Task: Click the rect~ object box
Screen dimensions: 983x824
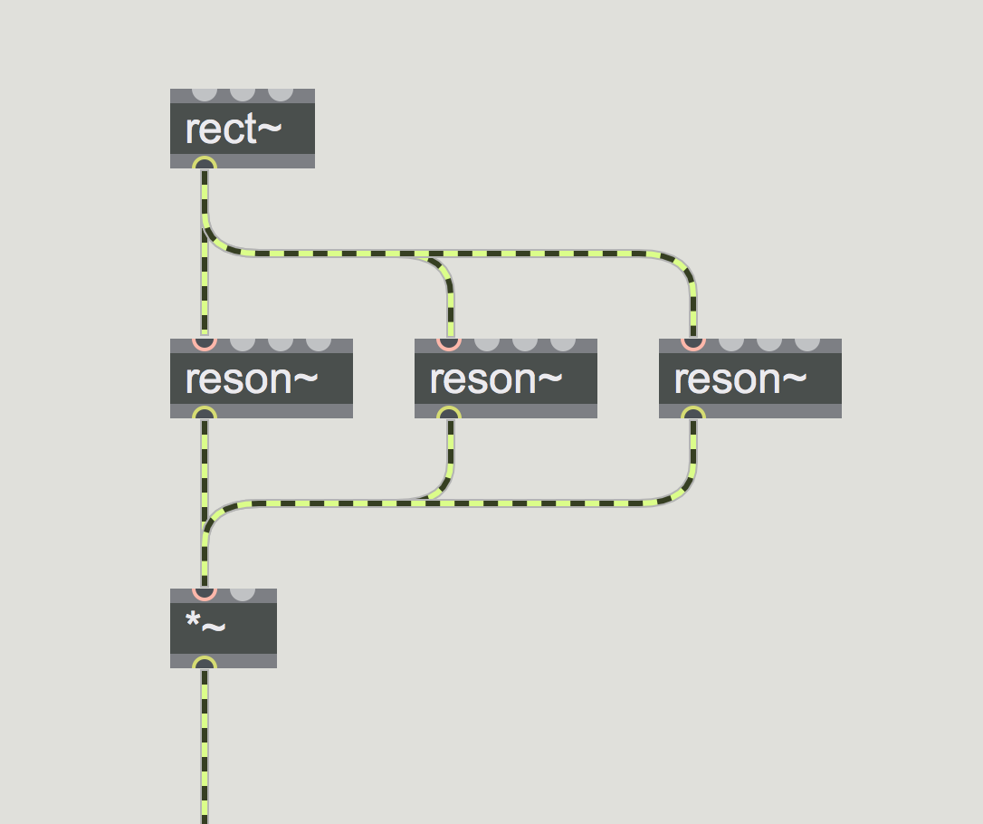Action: pos(242,129)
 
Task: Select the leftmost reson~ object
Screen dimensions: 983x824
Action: pos(262,378)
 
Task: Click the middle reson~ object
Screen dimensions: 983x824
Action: pos(506,378)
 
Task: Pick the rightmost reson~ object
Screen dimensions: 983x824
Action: pos(750,378)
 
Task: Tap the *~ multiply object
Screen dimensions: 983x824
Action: pos(224,628)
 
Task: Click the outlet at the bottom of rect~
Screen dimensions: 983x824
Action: pos(205,163)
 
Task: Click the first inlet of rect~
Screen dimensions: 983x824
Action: pos(205,94)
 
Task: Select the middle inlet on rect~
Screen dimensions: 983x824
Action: pos(243,94)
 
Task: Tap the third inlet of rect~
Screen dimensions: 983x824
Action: pos(281,94)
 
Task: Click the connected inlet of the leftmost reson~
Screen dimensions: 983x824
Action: pos(205,344)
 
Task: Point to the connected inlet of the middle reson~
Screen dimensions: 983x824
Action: pos(449,344)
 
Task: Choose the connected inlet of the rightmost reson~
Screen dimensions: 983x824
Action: pos(693,344)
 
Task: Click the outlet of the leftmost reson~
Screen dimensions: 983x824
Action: pos(205,413)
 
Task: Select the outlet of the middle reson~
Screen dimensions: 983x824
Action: pos(449,413)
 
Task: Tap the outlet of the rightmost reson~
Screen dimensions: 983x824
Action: pos(693,413)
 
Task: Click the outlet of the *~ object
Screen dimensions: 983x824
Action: pos(205,664)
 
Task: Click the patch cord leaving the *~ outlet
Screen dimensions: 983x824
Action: pos(205,746)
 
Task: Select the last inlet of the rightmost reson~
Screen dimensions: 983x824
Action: pos(807,344)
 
